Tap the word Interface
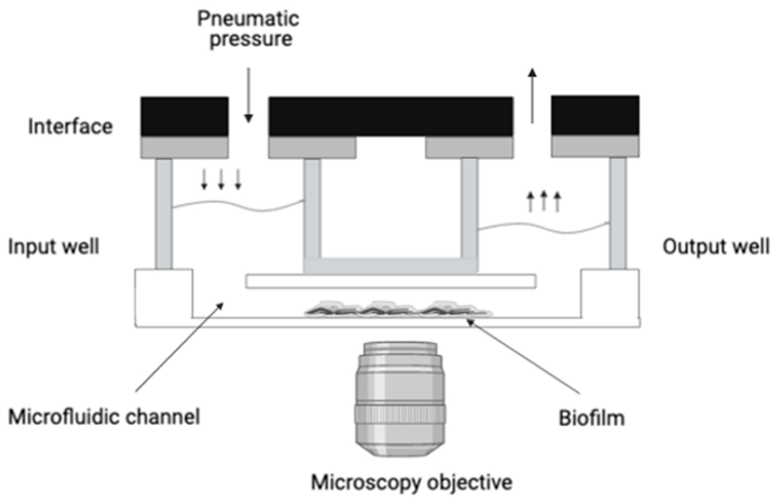(71, 127)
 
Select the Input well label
(54, 247)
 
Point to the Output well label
(716, 247)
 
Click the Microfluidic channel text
(104, 417)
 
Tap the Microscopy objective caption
(412, 483)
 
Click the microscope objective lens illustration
(400, 399)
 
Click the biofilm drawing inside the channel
(398, 309)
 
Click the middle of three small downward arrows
(221, 179)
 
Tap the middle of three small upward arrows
(544, 201)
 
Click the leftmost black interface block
(185, 116)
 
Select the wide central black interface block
(391, 116)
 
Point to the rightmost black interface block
(595, 115)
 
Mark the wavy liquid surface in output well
(544, 227)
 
